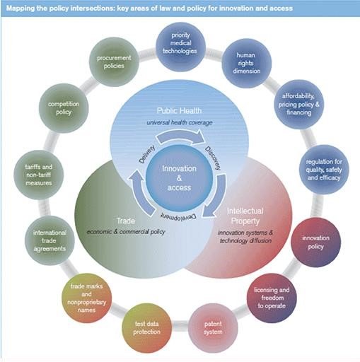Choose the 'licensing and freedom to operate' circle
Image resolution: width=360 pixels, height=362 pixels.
(x=272, y=296)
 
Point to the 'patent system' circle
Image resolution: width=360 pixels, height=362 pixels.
(x=213, y=327)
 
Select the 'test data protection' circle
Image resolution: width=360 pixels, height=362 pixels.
(x=148, y=327)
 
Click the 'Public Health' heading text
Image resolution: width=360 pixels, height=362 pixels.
(x=179, y=112)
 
